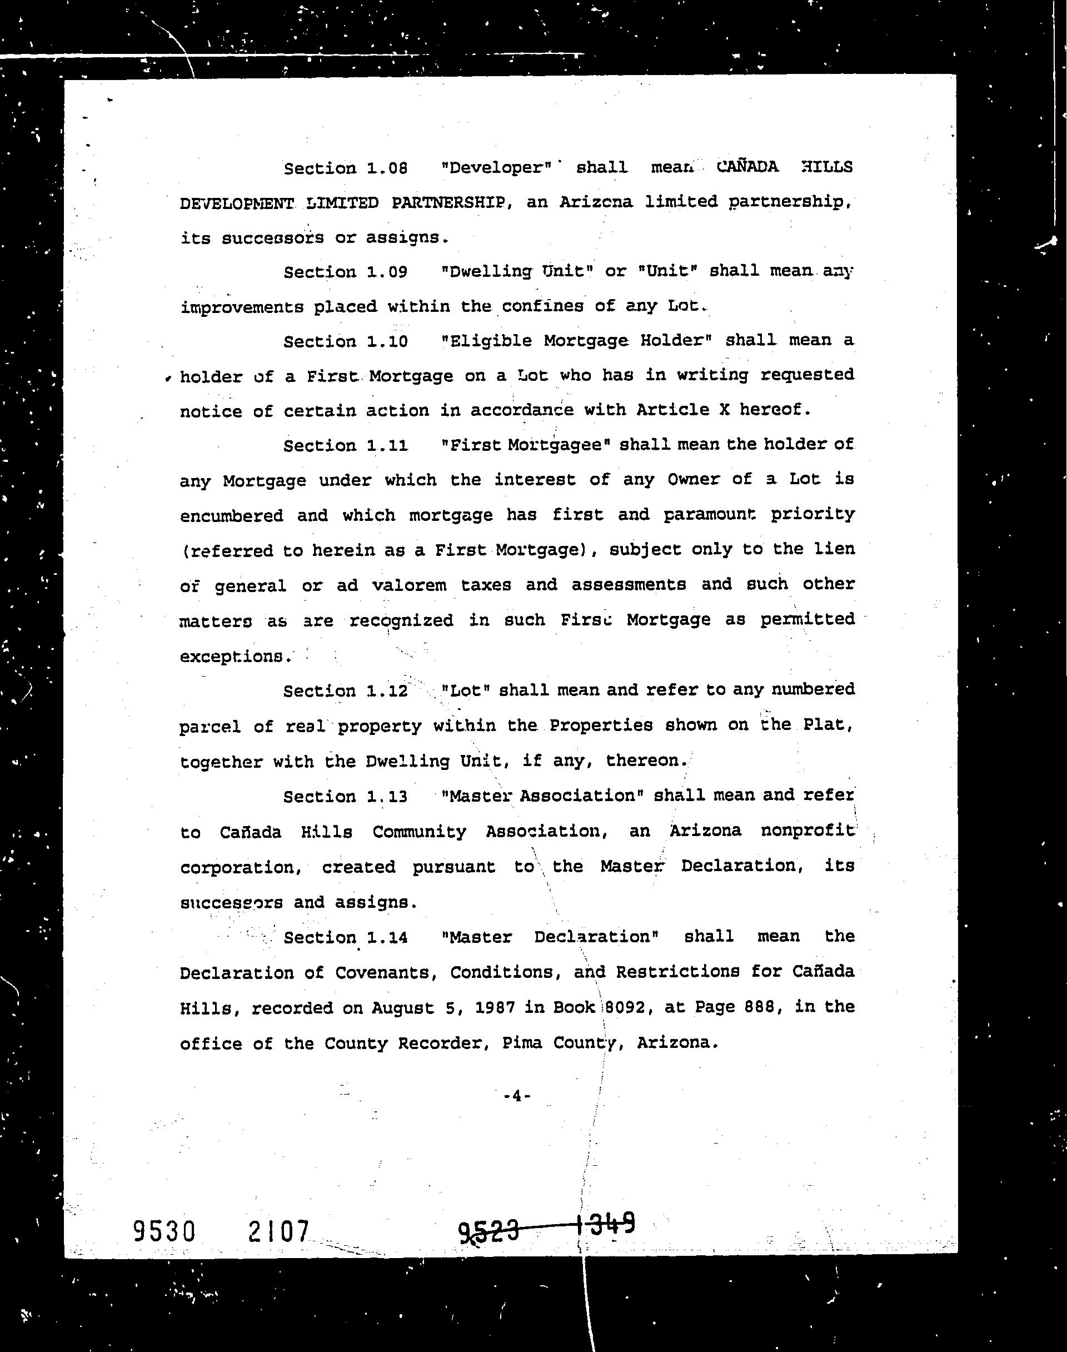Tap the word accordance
click(522, 410)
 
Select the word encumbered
click(232, 516)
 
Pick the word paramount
click(709, 515)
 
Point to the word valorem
click(409, 585)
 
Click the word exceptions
click(236, 657)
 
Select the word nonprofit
click(807, 831)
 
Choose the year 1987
click(493, 1008)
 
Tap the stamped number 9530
click(164, 1231)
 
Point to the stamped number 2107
click(278, 1231)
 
